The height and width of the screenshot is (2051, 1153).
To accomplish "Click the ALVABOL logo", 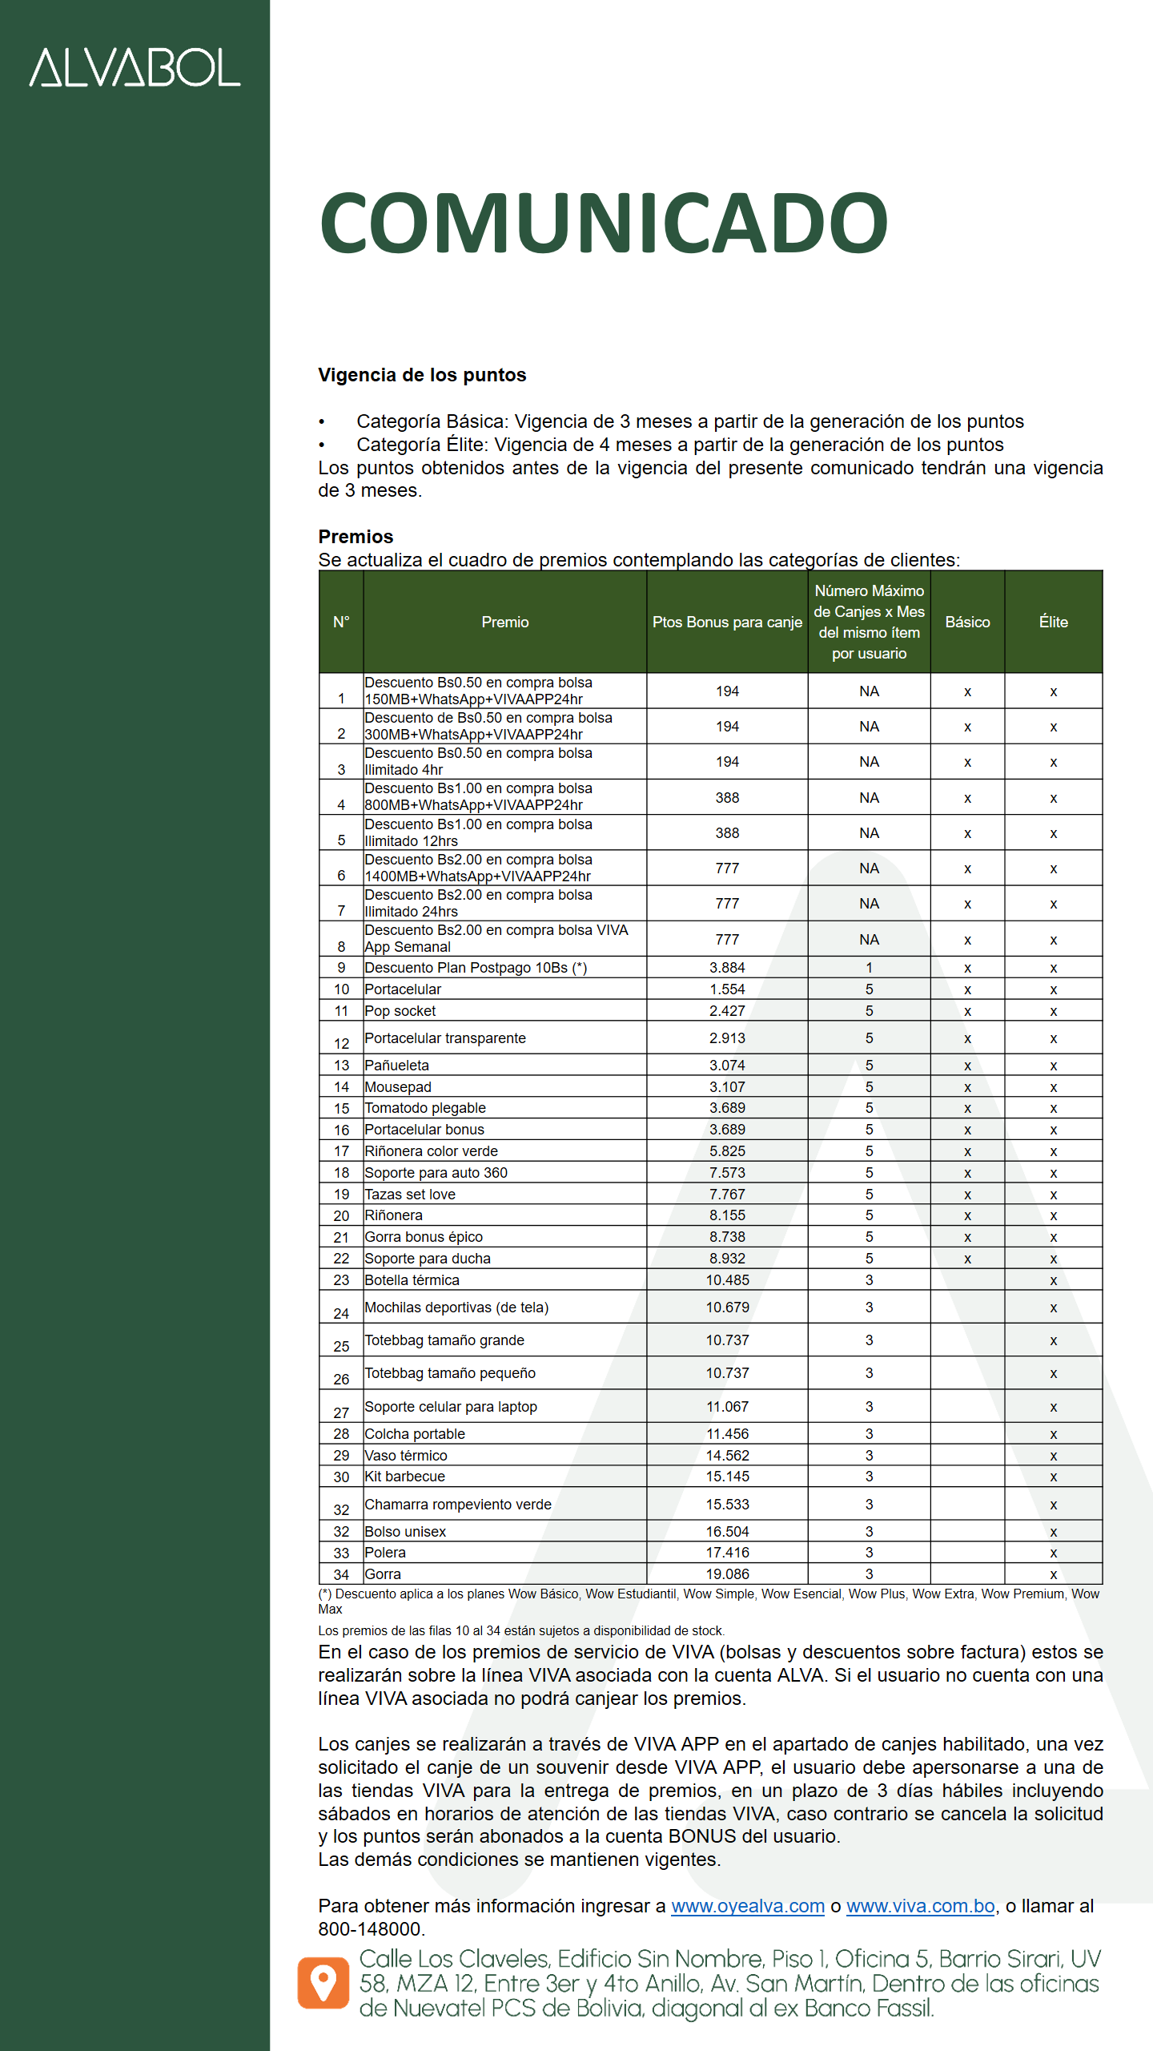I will (x=135, y=67).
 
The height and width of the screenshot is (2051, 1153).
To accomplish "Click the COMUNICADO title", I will (x=603, y=223).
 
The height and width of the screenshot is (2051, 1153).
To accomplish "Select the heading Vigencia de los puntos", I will (x=422, y=375).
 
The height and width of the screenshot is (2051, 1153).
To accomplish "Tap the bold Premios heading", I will (x=356, y=536).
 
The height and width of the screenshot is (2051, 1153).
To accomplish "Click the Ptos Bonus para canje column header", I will (x=727, y=622).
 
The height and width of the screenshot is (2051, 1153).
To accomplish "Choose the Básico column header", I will (x=967, y=622).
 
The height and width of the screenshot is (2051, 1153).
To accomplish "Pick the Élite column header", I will (x=1053, y=622).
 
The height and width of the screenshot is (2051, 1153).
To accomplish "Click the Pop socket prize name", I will (x=400, y=1011).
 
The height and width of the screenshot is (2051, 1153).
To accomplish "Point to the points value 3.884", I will (x=727, y=968).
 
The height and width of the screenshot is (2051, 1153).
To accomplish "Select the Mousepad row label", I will (x=398, y=1087).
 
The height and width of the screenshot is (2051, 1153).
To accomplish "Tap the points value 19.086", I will (x=727, y=1574).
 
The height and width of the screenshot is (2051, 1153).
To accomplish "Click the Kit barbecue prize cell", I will (x=405, y=1477).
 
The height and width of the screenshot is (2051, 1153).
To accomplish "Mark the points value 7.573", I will (x=727, y=1173).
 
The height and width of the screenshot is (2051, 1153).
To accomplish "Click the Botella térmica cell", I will (x=412, y=1280).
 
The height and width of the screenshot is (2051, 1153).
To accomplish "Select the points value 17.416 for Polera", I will (x=727, y=1553).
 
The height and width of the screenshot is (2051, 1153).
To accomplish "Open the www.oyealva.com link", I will (x=748, y=1906).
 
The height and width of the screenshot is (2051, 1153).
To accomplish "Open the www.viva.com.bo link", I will (x=921, y=1906).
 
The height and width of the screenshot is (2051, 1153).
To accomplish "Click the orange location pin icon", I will (x=323, y=1983).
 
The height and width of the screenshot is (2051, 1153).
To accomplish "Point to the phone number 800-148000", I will (x=370, y=1929).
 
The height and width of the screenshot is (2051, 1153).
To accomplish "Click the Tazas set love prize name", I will (x=410, y=1195).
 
